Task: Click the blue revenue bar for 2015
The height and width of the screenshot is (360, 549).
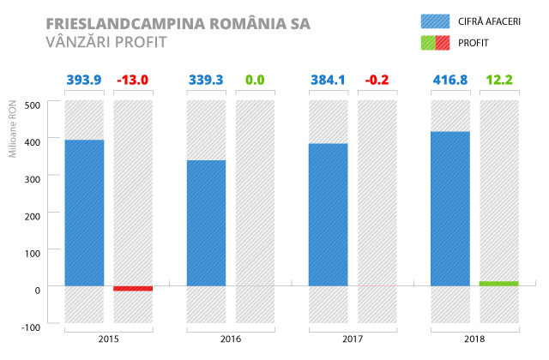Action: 84,213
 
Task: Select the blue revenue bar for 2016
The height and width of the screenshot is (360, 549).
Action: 206,223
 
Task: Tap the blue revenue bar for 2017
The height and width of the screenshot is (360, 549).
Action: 328,214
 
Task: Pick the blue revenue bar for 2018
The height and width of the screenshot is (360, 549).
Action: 449,208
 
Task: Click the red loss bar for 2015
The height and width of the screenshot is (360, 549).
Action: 133,289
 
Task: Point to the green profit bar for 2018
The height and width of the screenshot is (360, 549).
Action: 498,283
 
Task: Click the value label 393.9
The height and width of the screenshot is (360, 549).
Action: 84,81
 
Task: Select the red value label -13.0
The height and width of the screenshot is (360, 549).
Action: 133,81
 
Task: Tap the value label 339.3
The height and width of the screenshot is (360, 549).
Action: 206,81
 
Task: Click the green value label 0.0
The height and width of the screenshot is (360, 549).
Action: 255,81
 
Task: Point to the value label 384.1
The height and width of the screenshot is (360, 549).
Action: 328,81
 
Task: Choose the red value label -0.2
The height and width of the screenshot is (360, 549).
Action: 377,81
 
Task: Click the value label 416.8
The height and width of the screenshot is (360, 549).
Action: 449,81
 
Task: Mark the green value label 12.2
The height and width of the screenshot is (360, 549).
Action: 498,81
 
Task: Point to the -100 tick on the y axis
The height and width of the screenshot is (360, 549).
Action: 31,327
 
